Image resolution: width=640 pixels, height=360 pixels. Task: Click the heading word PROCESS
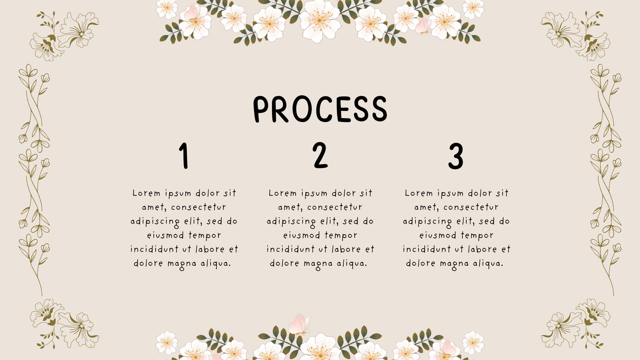pos(320,109)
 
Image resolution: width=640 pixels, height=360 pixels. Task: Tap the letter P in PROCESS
pos(261,110)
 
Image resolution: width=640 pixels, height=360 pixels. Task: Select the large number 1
pos(184,156)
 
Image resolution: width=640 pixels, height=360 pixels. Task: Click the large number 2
pos(320,155)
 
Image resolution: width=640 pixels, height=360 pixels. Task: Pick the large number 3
pos(456,156)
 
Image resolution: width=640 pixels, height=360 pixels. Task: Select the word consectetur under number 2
pos(334,207)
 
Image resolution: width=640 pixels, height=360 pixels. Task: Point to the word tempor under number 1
pos(204,236)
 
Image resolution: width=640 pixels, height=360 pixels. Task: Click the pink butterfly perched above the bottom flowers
pos(299,324)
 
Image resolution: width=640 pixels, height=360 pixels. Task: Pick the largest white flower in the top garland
pos(320,21)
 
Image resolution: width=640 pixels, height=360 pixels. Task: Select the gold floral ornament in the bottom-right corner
pos(576,324)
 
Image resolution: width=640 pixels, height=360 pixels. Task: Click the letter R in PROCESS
pos(280,109)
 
